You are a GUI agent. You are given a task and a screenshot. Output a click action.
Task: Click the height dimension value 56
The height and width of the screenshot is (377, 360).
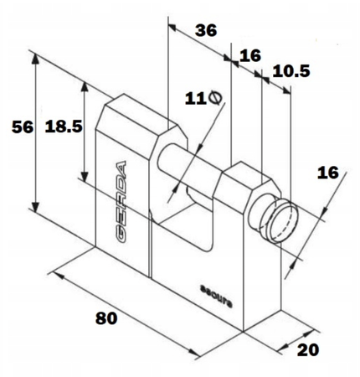coord(23,127)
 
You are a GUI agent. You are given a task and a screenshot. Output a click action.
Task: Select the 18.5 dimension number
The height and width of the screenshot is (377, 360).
coord(64,127)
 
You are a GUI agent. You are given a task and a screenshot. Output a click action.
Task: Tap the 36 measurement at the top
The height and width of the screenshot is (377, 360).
coord(206,30)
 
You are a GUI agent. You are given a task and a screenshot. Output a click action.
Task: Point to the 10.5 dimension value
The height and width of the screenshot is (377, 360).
coord(291,71)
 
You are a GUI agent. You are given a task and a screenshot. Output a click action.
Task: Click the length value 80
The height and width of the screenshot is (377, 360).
coord(106,318)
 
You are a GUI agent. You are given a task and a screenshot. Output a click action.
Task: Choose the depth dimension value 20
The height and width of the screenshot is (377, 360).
coord(308,350)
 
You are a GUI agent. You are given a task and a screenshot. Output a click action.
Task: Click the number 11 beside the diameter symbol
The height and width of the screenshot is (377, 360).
coord(195,99)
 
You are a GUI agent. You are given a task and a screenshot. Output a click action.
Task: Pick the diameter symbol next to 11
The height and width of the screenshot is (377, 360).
coord(215,98)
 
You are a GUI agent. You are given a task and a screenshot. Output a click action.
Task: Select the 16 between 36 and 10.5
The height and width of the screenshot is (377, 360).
coord(250,55)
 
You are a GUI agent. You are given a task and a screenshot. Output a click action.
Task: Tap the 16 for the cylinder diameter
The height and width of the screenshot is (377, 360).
coord(328,173)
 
